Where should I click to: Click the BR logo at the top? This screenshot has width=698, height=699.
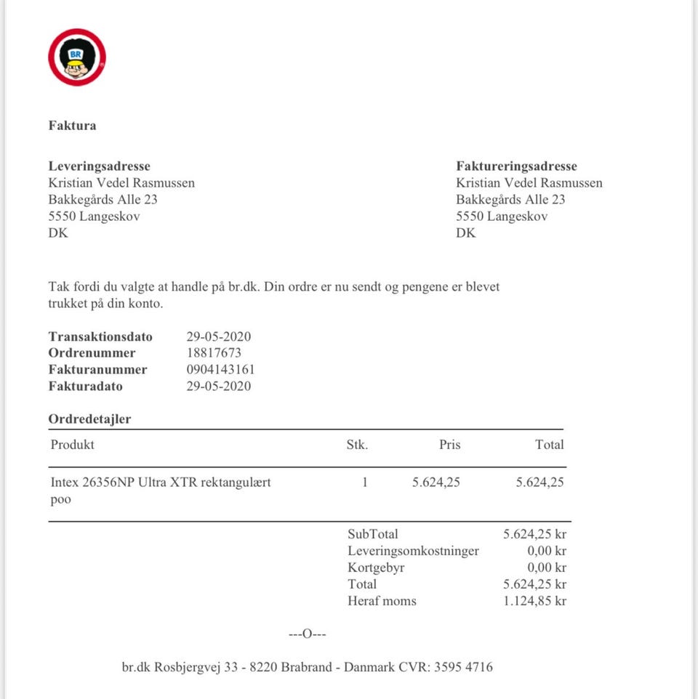coord(77,57)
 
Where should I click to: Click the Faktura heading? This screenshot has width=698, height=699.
coord(73,126)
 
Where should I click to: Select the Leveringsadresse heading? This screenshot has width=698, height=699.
coord(100,166)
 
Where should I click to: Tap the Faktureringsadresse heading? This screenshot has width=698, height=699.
coord(517,166)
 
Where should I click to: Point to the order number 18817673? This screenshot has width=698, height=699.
coord(214,353)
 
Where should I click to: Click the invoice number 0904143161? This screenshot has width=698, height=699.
coord(221,370)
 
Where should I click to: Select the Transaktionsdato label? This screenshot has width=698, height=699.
coord(100,336)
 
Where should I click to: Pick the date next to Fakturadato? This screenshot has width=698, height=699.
coord(219,387)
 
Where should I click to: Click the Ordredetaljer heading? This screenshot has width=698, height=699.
coord(89,419)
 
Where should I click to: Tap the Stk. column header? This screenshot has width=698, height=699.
coord(357,445)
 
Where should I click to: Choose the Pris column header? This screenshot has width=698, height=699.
coord(449,445)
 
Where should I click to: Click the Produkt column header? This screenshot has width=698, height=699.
coord(73,445)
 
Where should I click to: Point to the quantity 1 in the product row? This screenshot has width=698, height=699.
coord(365,482)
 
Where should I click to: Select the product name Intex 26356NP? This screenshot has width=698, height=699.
coord(161,482)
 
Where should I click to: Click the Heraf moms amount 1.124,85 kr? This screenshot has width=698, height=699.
coord(534,601)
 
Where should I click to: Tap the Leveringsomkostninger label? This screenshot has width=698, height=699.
coord(413,551)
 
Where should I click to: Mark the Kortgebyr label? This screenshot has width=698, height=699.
coord(376,567)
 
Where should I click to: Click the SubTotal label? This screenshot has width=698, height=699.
coord(373,534)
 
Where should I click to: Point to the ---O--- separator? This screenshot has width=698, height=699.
coord(308,634)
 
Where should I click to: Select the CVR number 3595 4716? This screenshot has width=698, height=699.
coord(463,666)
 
